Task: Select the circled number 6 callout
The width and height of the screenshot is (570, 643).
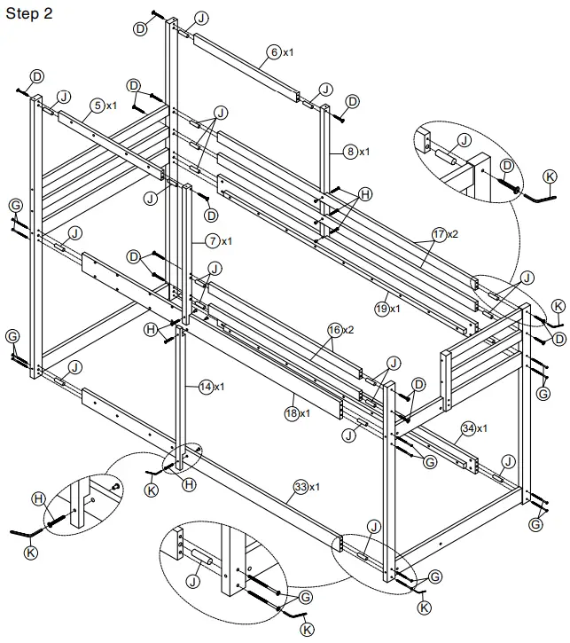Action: [274, 53]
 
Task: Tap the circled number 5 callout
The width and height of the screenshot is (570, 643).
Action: [95, 106]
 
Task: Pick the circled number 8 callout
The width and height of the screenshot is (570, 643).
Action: [351, 152]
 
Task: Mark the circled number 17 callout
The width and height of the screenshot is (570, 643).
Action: [438, 236]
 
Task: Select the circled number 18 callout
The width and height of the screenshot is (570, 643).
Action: [293, 413]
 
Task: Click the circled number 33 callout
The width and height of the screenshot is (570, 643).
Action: [301, 487]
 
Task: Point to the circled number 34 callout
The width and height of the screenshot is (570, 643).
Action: [467, 428]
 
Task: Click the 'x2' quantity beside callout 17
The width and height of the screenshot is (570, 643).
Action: [454, 236]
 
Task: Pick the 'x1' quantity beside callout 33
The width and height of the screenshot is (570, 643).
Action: [316, 487]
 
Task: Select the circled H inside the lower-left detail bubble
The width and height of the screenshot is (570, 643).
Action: [38, 500]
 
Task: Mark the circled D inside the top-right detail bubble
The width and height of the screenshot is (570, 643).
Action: [506, 166]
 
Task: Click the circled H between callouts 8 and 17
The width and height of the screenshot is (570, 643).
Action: [364, 193]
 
